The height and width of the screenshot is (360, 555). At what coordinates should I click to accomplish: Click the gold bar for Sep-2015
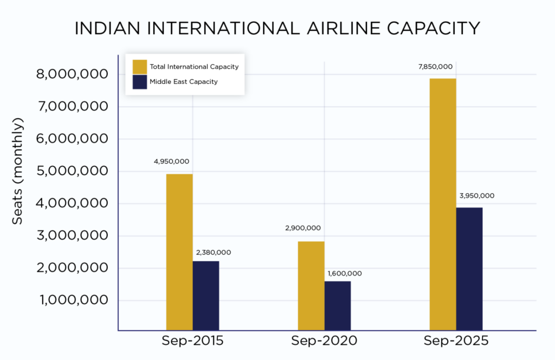[179, 252]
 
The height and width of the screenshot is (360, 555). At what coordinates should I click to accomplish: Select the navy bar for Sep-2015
[205, 295]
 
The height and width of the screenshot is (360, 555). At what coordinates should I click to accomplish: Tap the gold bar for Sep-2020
[311, 285]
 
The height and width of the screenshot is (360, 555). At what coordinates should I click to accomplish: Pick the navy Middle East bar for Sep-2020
[337, 305]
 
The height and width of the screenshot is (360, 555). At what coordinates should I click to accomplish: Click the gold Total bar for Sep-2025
[442, 204]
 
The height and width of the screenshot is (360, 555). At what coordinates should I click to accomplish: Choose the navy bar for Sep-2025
[469, 268]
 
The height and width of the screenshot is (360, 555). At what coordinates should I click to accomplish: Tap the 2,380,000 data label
[213, 252]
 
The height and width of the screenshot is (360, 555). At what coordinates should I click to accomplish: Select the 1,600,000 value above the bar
[344, 273]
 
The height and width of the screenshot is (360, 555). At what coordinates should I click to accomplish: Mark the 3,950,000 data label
[476, 196]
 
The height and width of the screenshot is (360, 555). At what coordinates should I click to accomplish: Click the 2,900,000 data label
[302, 228]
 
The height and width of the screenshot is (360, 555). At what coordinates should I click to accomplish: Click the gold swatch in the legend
[140, 67]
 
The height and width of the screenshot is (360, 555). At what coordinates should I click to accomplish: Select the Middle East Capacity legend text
[183, 82]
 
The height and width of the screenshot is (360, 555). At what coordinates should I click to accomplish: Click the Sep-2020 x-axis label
[324, 342]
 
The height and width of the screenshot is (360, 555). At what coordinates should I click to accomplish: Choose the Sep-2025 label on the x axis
[456, 342]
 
